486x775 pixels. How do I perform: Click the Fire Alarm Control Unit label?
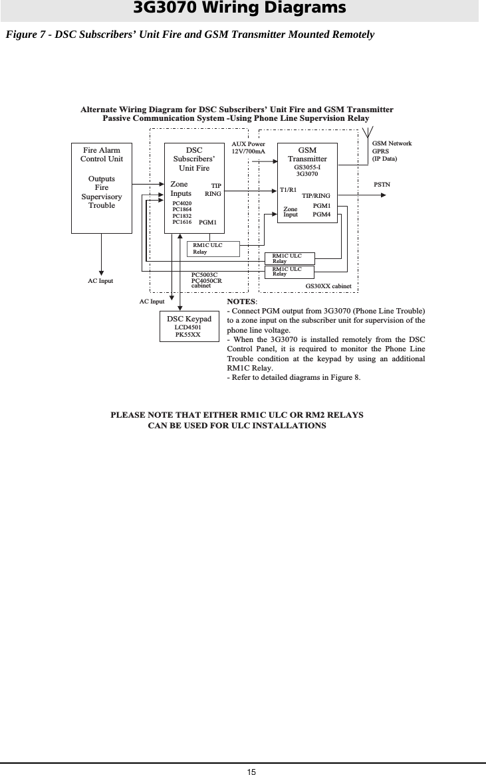102,155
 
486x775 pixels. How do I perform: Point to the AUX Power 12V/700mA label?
248,147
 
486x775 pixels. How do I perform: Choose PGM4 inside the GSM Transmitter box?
322,215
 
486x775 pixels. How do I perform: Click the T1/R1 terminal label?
289,190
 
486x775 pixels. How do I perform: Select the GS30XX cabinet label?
332,286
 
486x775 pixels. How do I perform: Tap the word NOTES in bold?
242,301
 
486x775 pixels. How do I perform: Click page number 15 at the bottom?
251,770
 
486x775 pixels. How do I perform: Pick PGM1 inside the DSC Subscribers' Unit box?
208,222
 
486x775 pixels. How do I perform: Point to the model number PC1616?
182,222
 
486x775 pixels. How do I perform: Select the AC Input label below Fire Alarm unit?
100,281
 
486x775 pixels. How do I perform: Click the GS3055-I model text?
307,167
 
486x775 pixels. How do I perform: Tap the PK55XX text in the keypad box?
188,335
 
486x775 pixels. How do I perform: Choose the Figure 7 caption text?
189,34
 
